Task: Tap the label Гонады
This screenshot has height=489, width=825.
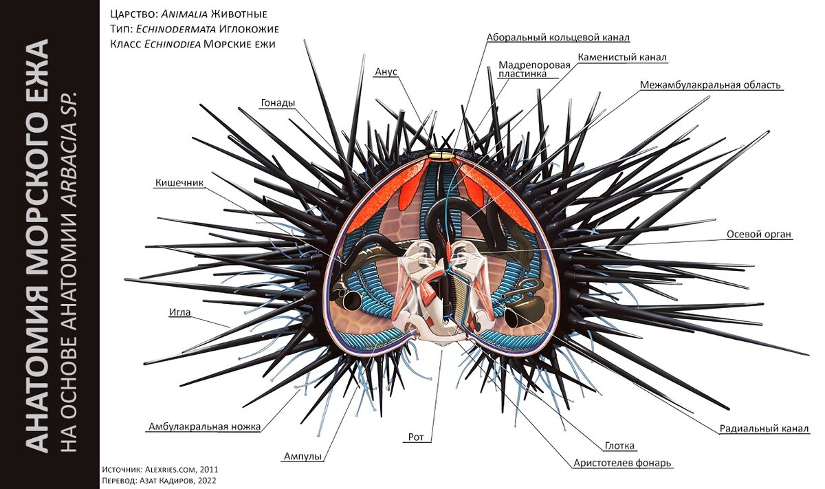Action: click(278, 103)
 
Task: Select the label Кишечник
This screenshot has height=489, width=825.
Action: click(178, 184)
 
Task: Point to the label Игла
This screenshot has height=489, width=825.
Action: click(179, 312)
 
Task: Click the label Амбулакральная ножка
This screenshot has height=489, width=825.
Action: click(204, 426)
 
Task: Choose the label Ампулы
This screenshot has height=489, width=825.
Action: click(303, 456)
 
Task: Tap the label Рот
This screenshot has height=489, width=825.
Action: click(415, 436)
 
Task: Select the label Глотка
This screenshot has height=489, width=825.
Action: click(620, 446)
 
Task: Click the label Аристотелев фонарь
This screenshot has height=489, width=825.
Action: click(622, 463)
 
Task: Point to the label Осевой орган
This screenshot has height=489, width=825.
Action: click(759, 235)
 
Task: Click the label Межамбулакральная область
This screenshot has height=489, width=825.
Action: click(711, 85)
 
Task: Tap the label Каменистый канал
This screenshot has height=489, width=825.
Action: click(622, 57)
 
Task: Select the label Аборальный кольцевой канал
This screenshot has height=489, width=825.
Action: click(558, 37)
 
